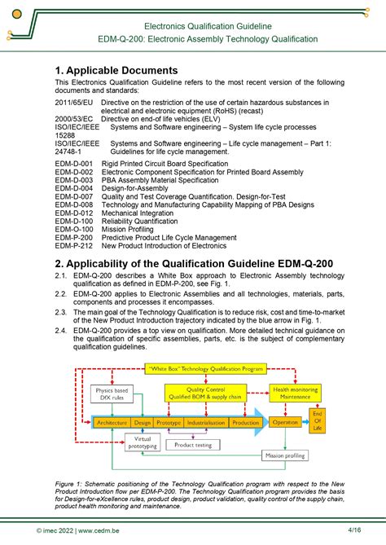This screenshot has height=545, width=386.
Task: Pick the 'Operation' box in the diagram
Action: tap(285, 422)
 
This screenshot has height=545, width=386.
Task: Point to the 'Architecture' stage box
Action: tap(111, 423)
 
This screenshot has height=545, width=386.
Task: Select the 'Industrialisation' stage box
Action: tap(206, 423)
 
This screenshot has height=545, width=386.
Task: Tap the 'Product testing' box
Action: tap(193, 445)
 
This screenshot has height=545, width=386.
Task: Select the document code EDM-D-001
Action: tap(74, 164)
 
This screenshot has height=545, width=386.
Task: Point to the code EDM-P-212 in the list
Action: tap(74, 246)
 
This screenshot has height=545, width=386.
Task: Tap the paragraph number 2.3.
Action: tap(61, 312)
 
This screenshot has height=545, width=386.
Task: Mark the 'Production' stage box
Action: tap(245, 423)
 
